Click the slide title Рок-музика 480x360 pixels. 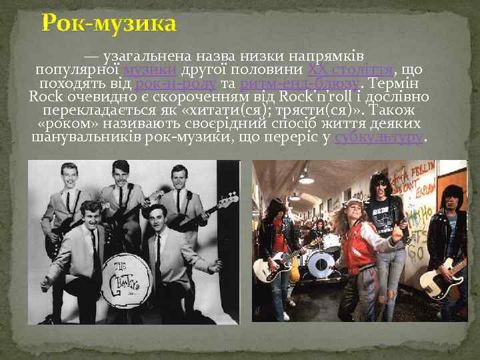tap(109, 24)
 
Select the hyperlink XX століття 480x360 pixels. tap(351, 71)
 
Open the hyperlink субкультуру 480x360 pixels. tap(379, 137)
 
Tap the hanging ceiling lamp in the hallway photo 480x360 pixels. tap(306, 179)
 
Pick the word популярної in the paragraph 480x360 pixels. tap(77, 71)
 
